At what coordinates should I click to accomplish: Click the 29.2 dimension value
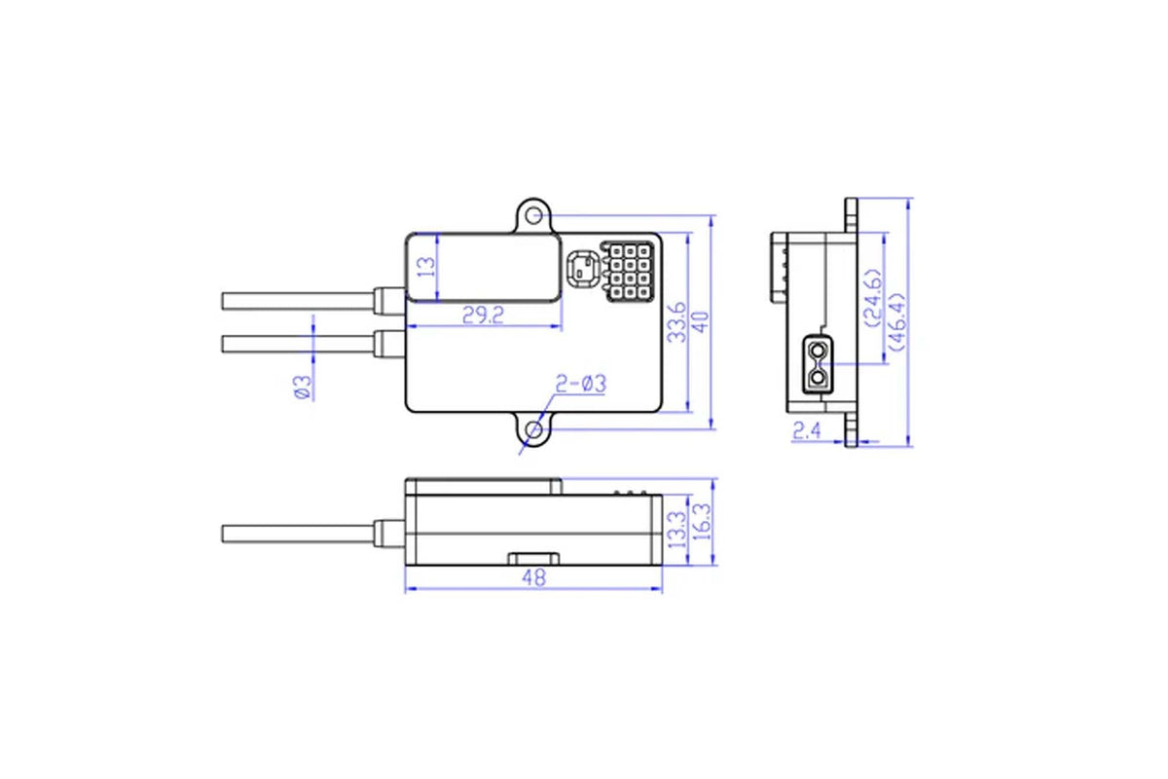[484, 315]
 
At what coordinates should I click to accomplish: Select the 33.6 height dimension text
[677, 322]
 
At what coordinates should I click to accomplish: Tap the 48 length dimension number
[534, 577]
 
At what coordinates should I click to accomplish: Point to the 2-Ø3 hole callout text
[581, 384]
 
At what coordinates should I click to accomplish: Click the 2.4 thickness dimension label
[807, 431]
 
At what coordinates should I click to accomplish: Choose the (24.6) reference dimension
[874, 298]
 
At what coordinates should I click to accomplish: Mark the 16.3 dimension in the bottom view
[703, 522]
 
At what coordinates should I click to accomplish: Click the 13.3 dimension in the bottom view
[676, 530]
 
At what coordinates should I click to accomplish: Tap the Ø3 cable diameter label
[303, 388]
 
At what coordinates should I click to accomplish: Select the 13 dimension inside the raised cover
[426, 267]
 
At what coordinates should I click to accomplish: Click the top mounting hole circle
[533, 215]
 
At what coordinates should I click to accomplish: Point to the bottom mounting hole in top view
[533, 430]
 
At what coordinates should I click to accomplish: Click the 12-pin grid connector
[628, 272]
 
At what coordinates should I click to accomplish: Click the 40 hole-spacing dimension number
[702, 322]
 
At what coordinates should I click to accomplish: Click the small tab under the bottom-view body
[534, 559]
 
